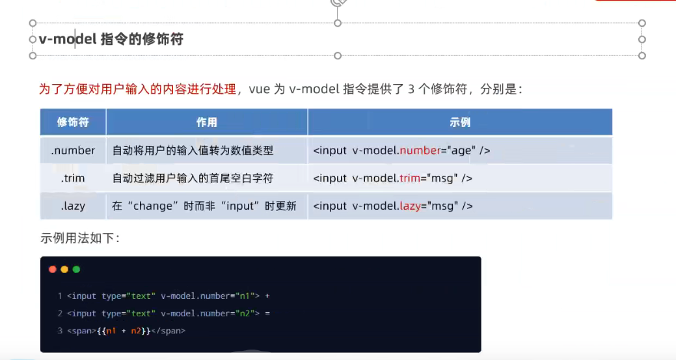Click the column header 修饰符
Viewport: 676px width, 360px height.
[73, 122]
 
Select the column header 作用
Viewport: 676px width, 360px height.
[207, 122]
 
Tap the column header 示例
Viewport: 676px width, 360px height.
[459, 122]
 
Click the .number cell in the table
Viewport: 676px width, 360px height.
[73, 150]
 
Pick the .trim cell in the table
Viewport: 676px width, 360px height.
[73, 178]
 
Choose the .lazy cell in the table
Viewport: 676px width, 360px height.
[73, 206]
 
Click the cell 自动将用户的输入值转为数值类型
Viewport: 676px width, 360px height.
[193, 150]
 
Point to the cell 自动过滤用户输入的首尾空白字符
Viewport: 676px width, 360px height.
[193, 178]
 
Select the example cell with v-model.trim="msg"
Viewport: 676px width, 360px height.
[392, 178]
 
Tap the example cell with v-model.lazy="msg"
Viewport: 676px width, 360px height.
[392, 206]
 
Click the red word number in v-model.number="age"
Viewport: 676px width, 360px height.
[420, 150]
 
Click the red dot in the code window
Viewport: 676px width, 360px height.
[53, 269]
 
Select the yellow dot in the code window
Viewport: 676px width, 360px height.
[64, 269]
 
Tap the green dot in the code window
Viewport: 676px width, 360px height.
[76, 269]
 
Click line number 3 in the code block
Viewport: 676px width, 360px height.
[60, 331]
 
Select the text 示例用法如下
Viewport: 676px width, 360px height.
[79, 238]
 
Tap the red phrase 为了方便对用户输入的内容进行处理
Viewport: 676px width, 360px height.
[137, 90]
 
